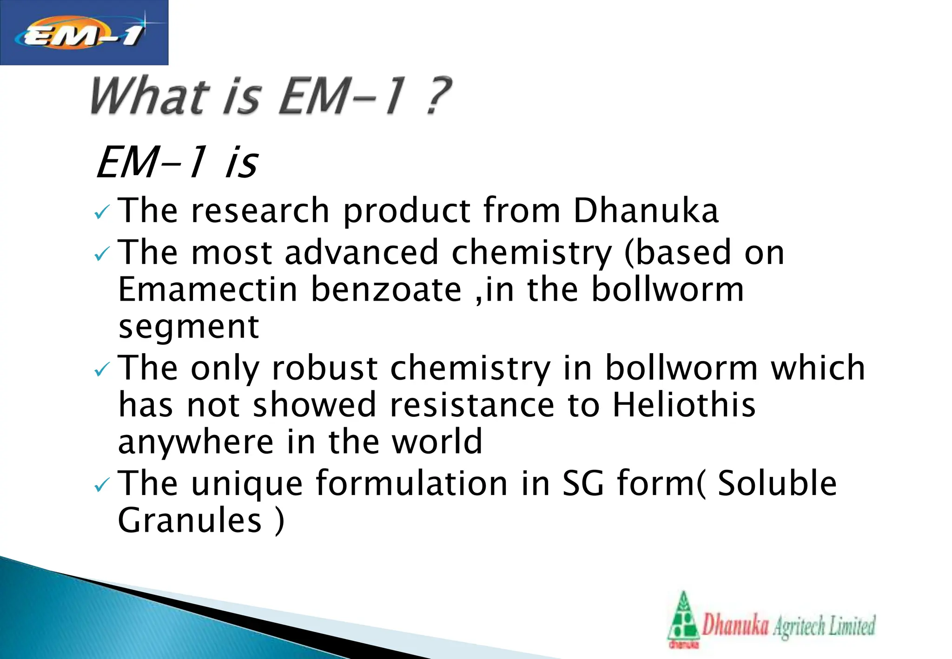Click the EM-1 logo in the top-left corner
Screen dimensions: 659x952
(x=84, y=33)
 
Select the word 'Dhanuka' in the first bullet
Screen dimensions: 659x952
(x=646, y=211)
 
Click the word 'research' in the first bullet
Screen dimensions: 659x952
(x=260, y=211)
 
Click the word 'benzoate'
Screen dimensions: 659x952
(x=386, y=290)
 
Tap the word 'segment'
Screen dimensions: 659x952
(x=189, y=327)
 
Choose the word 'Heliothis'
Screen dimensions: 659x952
(x=684, y=405)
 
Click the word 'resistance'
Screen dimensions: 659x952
(x=472, y=405)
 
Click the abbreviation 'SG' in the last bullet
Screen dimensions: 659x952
(x=583, y=483)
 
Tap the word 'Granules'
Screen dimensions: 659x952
(x=190, y=520)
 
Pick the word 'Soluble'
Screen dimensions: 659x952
(x=777, y=483)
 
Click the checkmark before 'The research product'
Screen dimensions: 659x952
(x=101, y=213)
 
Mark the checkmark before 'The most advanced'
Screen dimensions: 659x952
(x=101, y=254)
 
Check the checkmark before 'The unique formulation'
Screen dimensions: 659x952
(x=101, y=486)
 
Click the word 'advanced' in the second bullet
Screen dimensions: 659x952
(x=362, y=252)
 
